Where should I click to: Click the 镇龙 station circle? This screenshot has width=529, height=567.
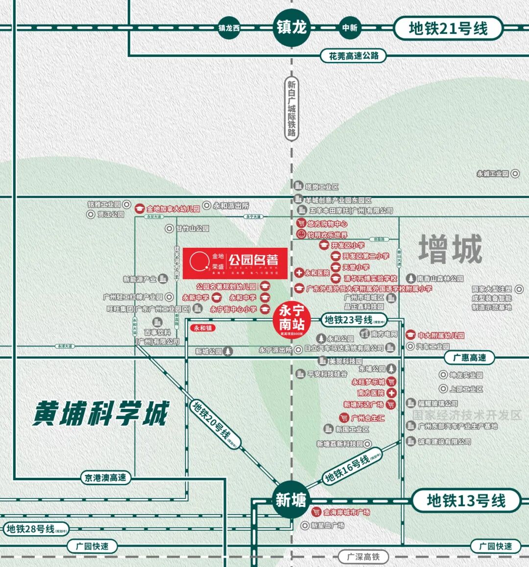pos(292,27)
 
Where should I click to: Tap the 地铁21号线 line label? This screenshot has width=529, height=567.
pos(448,28)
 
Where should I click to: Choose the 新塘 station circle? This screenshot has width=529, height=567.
pos(291,500)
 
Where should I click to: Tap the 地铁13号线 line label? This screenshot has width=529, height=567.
pos(466,501)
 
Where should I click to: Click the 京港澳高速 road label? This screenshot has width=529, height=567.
pos(105,477)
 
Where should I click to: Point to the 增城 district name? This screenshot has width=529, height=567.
pos(450,249)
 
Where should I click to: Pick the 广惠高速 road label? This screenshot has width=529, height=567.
pos(469,358)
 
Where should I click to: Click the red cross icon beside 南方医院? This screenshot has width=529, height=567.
pos(391,393)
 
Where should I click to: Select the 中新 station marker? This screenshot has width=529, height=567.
pos(350,28)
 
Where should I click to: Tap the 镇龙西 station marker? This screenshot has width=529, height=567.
pos(229,28)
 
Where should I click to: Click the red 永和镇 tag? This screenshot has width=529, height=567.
pos(203,328)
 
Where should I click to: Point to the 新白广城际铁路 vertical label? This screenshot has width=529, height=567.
pos(292,109)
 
